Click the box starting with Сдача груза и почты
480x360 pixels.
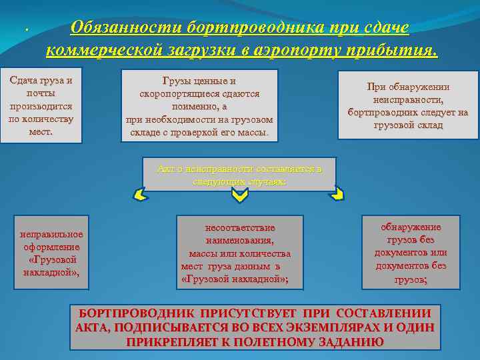[x=41, y=105]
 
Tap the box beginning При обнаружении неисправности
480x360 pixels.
[x=407, y=105]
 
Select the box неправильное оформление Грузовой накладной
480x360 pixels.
[x=51, y=253]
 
